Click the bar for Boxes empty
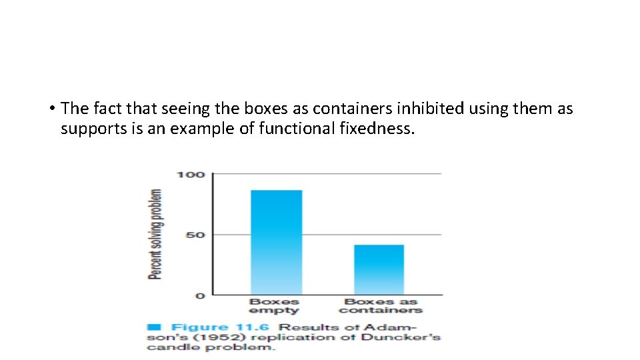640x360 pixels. [x=276, y=243]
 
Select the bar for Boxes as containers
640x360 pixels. [x=379, y=269]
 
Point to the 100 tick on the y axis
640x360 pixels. [x=190, y=175]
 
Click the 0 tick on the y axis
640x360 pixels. [x=199, y=295]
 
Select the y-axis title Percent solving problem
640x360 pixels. [x=155, y=234]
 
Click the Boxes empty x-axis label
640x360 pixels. [x=274, y=306]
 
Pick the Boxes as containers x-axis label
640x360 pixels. [x=380, y=306]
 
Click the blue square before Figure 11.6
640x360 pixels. [x=154, y=327]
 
